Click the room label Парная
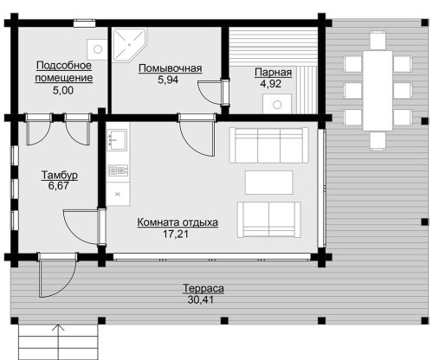coord(273,73)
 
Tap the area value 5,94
coord(168,80)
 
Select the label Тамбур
coord(60,175)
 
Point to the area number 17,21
coord(176,234)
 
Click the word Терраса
coord(204,288)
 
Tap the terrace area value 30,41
coord(201,299)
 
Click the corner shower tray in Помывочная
coord(129,45)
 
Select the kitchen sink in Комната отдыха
coord(117,140)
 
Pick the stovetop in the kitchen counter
coord(118,170)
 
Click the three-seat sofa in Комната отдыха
coord(269,145)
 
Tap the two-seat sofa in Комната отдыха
coord(269,220)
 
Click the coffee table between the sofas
coord(269,183)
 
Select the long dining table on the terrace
coord(378,91)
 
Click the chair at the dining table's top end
coord(378,40)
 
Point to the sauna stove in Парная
coord(277,104)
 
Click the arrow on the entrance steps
coord(58,342)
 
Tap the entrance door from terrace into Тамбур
coord(58,275)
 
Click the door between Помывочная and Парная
coord(213,93)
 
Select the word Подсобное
coord(64,66)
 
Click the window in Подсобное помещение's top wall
coord(84,23)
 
